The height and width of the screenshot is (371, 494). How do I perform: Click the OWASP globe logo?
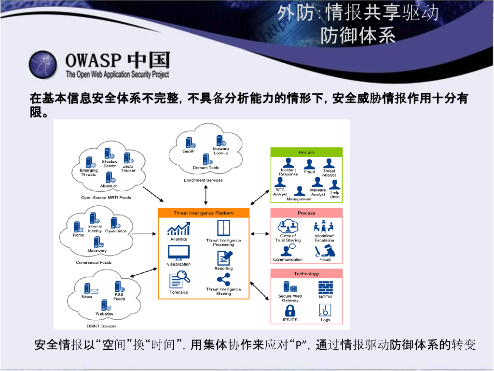42,64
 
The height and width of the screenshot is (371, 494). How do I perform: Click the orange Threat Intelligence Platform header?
204,213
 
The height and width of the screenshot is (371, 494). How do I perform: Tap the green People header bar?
306,153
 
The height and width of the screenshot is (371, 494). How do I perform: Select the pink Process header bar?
306,213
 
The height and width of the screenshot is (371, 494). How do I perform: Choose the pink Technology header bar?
306,274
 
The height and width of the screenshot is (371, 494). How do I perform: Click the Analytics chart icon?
178,229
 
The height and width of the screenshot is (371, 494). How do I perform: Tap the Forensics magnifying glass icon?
179,279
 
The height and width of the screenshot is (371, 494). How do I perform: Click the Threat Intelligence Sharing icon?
223,280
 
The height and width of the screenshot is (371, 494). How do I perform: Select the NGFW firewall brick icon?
325,287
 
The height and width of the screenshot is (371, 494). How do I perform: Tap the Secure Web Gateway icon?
290,287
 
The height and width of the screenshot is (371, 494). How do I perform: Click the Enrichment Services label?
203,180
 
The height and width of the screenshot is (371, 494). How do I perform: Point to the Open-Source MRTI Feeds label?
106,198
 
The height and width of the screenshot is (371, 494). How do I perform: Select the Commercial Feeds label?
94,263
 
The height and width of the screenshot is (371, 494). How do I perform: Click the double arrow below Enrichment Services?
206,195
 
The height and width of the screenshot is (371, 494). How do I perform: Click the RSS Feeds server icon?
118,286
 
